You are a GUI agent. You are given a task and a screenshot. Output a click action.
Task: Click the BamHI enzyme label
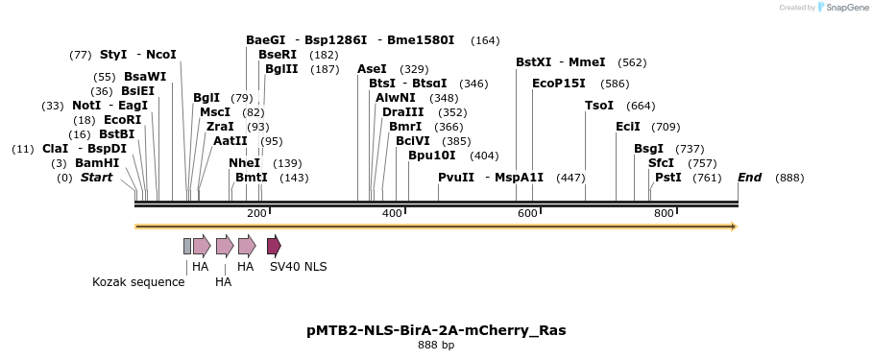(x=97, y=163)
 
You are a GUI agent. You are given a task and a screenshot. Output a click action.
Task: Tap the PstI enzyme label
(x=668, y=178)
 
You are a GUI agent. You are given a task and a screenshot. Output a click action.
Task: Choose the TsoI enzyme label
(x=599, y=106)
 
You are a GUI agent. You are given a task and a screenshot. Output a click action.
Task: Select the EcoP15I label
(x=559, y=84)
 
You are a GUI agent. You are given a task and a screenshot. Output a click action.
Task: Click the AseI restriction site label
(x=372, y=69)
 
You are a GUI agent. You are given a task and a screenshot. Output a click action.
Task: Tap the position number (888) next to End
(x=789, y=178)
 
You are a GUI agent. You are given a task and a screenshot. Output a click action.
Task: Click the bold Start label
(x=96, y=178)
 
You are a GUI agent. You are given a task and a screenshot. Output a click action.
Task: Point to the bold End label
(x=749, y=178)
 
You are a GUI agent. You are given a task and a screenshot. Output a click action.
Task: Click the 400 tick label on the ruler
(x=392, y=213)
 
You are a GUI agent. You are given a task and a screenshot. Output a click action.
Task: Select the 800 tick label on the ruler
(x=664, y=213)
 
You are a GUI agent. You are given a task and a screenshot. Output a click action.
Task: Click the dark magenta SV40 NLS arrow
(x=274, y=246)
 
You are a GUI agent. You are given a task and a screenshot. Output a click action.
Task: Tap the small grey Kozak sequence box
(x=187, y=246)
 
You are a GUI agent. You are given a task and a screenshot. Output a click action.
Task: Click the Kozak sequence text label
(x=138, y=282)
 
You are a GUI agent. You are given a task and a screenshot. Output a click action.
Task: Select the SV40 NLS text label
(x=298, y=267)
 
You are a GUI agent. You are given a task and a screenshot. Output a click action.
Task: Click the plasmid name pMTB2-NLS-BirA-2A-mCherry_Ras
(x=436, y=330)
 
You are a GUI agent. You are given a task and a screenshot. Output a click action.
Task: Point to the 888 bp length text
(x=436, y=346)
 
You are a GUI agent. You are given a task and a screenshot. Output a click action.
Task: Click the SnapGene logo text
(x=848, y=8)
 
